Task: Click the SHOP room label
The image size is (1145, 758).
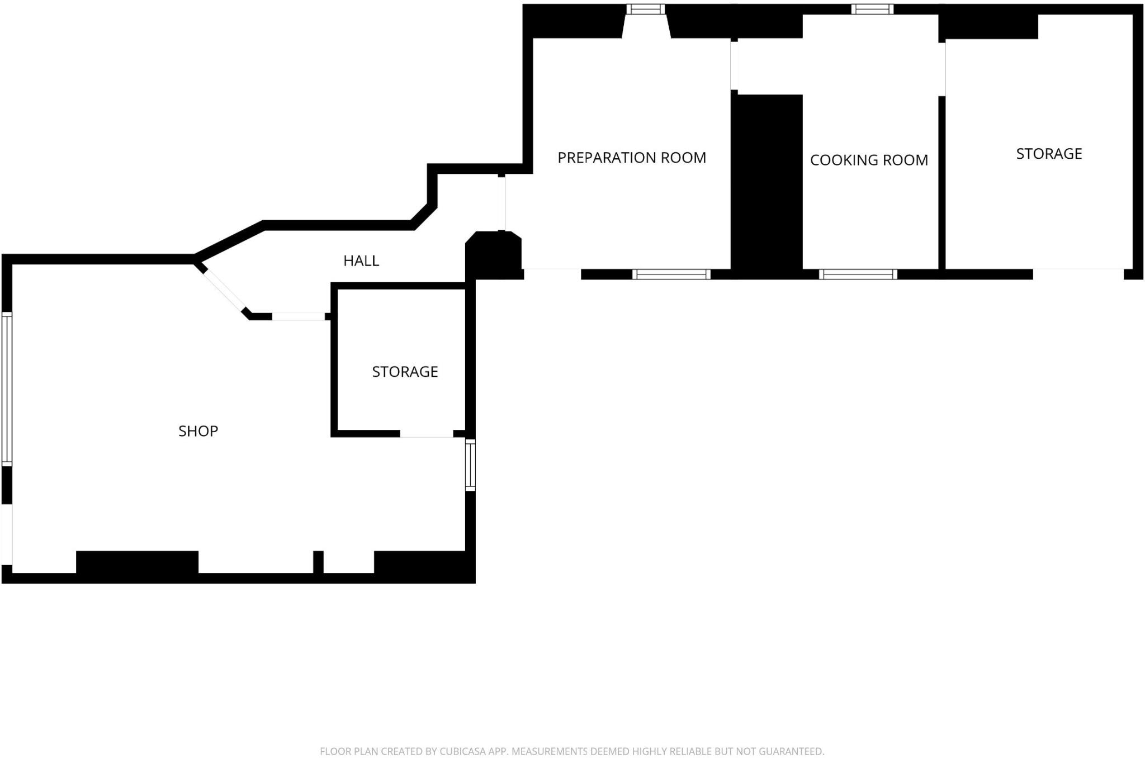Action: coord(198,431)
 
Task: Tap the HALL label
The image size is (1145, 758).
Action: coord(361,260)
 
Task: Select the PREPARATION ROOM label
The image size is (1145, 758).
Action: coord(632,158)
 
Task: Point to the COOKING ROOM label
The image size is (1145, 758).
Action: coord(869,160)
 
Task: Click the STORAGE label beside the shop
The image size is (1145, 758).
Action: coord(405,372)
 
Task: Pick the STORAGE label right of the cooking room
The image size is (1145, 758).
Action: coord(1049,154)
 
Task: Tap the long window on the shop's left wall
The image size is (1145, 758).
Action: coord(7,389)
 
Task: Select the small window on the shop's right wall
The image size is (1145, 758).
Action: coord(471,465)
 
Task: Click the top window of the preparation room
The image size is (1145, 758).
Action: coord(646,9)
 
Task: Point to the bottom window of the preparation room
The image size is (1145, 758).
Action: coord(671,274)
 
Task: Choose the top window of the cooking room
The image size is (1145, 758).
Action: coord(872,9)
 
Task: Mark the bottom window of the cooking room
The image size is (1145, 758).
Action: coord(858,274)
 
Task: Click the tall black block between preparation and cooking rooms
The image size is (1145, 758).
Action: coord(767,184)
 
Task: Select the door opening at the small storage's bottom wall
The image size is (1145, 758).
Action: coord(426,434)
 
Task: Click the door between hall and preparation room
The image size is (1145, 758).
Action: coord(501,202)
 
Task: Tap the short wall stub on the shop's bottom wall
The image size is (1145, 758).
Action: coord(318,561)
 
